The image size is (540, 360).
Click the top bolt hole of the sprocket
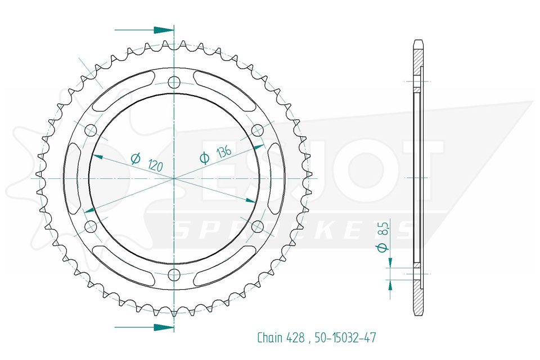click(x=174, y=82)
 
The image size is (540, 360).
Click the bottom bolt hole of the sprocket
click(x=174, y=274)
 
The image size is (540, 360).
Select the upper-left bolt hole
click(x=91, y=130)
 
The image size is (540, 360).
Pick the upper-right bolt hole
click(x=258, y=130)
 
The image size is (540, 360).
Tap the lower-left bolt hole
click(x=91, y=226)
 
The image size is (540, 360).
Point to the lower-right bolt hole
click(x=258, y=226)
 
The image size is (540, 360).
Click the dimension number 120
click(x=155, y=166)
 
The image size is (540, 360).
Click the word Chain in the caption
click(x=270, y=337)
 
